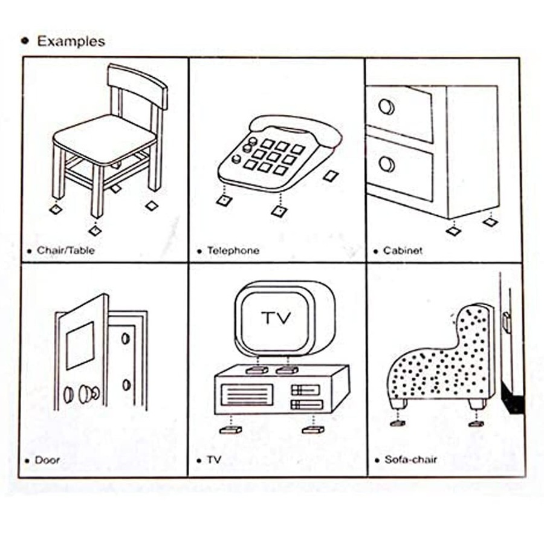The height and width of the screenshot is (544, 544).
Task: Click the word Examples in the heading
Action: click(71, 41)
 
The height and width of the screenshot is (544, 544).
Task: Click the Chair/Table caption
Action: click(66, 250)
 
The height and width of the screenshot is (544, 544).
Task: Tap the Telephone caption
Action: click(233, 250)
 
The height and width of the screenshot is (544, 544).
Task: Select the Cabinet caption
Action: click(403, 250)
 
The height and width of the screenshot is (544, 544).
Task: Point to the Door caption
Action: click(47, 460)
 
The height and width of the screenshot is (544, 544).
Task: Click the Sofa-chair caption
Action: click(410, 460)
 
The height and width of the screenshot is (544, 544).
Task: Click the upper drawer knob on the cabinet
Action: click(386, 106)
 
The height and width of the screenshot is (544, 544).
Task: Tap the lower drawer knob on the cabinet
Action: click(386, 163)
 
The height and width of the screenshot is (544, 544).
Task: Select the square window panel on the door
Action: click(80, 345)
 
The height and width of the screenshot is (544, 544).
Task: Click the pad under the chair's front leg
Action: click(94, 230)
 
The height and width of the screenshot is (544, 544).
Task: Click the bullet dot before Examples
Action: click(25, 41)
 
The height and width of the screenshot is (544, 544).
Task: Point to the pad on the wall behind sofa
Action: click(507, 323)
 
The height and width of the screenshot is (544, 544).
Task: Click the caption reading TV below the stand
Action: click(214, 460)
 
